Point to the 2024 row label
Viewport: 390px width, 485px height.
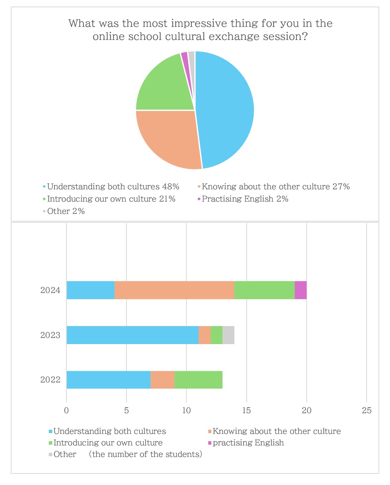point(50,290)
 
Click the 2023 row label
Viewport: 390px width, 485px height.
point(50,335)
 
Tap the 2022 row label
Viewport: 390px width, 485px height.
point(50,380)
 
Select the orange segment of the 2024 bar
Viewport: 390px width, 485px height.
point(174,290)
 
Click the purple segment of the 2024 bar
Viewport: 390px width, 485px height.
point(300,290)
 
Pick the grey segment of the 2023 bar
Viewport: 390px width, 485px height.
point(228,335)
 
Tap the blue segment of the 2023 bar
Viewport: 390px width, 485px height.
point(133,335)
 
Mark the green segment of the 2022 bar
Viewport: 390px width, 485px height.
point(198,380)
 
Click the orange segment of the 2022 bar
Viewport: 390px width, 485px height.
point(163,380)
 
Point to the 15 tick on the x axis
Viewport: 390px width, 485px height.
point(246,411)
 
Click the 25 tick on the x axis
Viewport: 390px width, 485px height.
point(367,411)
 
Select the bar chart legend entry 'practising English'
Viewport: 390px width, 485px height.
point(248,443)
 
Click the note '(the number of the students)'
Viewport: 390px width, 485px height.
point(145,455)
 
